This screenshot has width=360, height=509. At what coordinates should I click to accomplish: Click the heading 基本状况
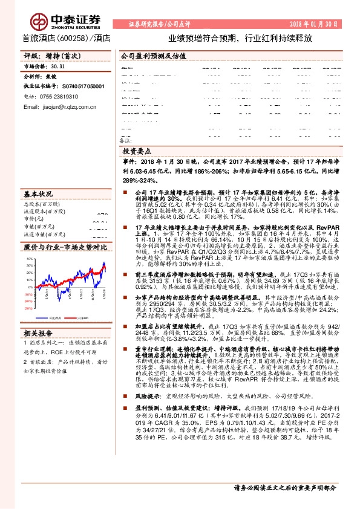point(38,194)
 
